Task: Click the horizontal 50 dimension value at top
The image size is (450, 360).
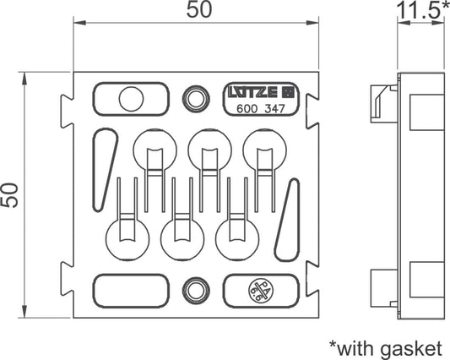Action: point(199,9)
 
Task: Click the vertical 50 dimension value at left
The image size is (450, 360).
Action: point(9,195)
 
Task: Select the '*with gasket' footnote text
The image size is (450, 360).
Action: point(386,348)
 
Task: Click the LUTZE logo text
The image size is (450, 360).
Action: point(252,92)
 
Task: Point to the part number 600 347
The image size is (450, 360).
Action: point(261,109)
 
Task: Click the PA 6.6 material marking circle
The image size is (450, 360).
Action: point(261,292)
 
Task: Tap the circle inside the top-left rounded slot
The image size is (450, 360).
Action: point(131,99)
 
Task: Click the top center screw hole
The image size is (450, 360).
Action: point(195,99)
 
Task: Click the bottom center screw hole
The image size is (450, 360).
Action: point(195,291)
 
